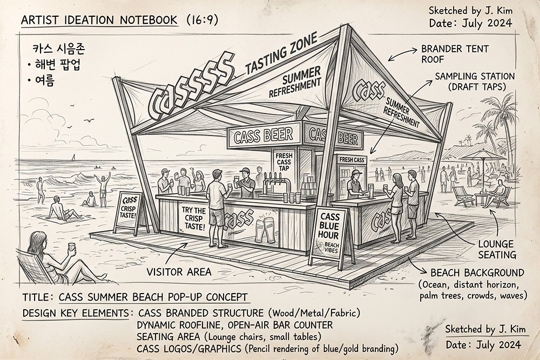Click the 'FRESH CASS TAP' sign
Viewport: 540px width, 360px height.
(x=284, y=162)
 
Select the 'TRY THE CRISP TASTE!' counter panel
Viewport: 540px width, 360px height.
(x=194, y=219)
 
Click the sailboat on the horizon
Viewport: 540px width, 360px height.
(x=73, y=157)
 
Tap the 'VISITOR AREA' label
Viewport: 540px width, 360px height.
(x=179, y=272)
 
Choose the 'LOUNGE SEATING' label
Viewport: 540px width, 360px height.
(x=497, y=249)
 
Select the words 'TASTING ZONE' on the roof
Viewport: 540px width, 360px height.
(x=281, y=55)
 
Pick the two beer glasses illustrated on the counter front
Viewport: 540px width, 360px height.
(x=264, y=230)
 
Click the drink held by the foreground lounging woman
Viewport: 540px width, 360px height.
(x=72, y=248)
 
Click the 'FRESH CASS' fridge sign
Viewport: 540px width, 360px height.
(x=352, y=160)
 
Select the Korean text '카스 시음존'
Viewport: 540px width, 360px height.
(x=58, y=49)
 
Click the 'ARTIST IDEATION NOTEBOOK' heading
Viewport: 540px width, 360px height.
(x=99, y=21)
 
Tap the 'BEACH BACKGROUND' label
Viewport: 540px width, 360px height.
(x=477, y=273)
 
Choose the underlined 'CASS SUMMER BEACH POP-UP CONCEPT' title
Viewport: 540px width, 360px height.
(x=153, y=297)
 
